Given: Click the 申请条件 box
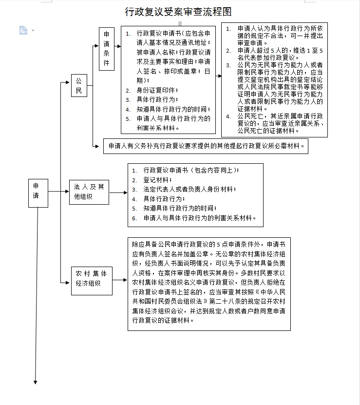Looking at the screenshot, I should (106, 49).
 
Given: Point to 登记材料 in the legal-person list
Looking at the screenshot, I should (156, 179).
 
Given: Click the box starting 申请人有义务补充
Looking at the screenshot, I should (206, 146).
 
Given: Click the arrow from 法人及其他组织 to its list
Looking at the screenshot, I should (117, 192).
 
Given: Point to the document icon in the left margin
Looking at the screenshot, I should (23, 30).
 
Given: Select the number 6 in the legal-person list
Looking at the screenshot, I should (134, 218).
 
